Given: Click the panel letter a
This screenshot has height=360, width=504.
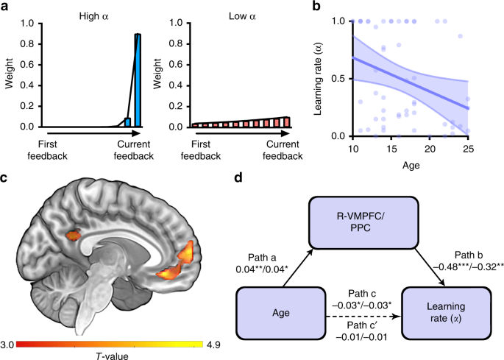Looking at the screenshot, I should pos(5,7).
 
